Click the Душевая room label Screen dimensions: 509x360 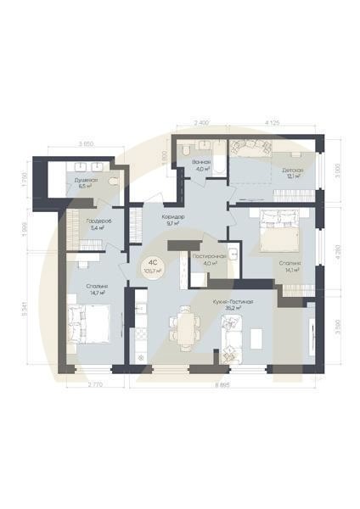(x=86, y=181)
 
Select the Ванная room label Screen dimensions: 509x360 (x=201, y=161)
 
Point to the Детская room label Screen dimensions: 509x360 (x=292, y=170)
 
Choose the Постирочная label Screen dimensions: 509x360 (x=208, y=255)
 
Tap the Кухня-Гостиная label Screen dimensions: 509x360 (x=233, y=301)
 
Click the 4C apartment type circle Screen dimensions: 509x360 (x=154, y=266)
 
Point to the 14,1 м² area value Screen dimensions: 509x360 (x=290, y=271)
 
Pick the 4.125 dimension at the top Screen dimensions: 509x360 (x=273, y=124)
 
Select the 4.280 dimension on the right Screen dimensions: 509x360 (x=337, y=255)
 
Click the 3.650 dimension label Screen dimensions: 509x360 (x=86, y=145)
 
